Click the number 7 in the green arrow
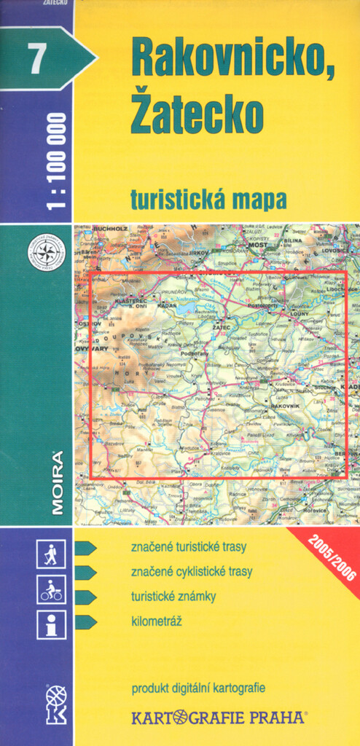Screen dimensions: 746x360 point(33,58)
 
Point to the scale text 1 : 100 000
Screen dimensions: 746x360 point(56,161)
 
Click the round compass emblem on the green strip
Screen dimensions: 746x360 point(46,252)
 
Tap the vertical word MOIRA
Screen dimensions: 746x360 point(58,483)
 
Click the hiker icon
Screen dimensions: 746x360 point(51,554)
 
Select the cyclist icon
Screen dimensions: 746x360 point(51,589)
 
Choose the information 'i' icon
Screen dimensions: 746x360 point(51,624)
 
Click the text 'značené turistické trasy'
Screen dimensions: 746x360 point(189,546)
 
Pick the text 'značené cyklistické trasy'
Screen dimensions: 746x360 point(192,571)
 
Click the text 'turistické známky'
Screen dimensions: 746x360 point(173,596)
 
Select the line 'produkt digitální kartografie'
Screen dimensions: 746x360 point(198,688)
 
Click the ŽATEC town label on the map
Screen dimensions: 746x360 point(222,329)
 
